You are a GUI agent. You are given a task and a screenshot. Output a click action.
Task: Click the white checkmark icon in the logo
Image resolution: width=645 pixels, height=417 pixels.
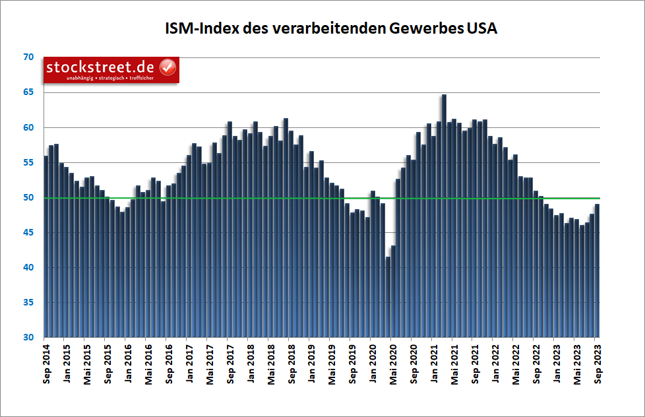(168, 67)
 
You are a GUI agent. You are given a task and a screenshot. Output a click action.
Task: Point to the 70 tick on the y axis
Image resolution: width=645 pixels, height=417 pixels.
(28, 57)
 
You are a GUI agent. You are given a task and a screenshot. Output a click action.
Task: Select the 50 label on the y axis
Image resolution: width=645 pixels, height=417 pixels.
(28, 198)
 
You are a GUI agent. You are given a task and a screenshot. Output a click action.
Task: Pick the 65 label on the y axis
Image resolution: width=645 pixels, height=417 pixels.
(28, 92)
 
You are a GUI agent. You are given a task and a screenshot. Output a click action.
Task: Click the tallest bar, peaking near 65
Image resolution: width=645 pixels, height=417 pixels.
(444, 218)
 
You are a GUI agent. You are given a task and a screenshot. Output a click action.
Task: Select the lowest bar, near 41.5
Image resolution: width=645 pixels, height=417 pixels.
(388, 297)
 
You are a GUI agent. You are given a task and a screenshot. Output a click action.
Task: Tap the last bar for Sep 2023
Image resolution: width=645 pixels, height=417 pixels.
(597, 271)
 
